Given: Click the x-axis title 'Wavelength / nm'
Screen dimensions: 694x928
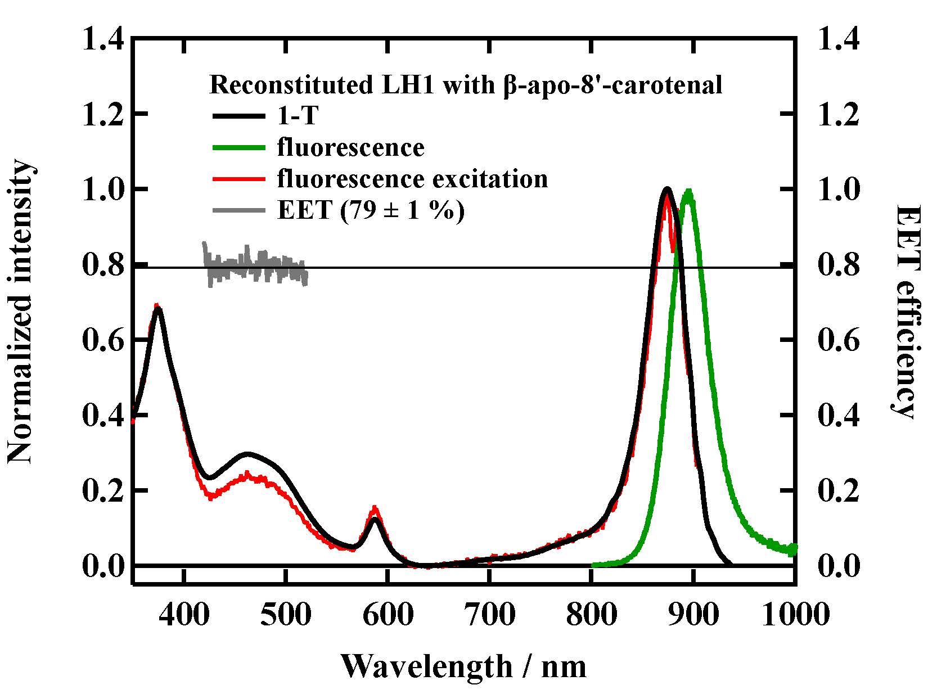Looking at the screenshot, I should [x=463, y=667].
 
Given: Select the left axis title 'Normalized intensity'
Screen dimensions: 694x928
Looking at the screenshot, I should [x=21, y=313].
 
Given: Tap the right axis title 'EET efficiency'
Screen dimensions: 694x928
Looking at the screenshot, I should [x=906, y=312].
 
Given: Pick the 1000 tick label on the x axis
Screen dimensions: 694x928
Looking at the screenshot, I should [x=795, y=614].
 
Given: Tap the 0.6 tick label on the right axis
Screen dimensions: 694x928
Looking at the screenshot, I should [x=839, y=340].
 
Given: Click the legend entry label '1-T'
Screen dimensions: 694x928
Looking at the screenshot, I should [x=298, y=116].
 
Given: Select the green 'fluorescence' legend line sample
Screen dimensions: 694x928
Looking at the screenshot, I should [x=238, y=148].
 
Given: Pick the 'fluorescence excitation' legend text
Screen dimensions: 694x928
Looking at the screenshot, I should [x=412, y=179].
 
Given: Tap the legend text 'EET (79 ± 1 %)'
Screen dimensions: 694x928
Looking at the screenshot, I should [x=371, y=211].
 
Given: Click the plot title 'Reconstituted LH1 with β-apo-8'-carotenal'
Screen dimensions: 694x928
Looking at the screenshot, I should [x=466, y=85].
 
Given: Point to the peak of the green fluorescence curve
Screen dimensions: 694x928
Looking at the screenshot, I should [x=687, y=192].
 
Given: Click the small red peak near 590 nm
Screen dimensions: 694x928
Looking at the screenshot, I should [x=375, y=508].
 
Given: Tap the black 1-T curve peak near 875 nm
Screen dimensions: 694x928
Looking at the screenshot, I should [x=667, y=189].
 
